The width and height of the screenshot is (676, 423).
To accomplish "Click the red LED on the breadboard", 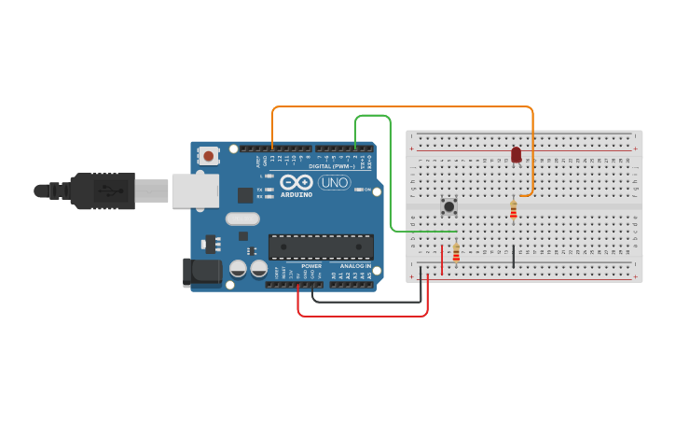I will coord(517,154).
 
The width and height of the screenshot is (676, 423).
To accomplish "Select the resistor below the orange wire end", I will coord(513,211).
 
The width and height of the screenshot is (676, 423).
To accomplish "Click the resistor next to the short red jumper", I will coord(456,252).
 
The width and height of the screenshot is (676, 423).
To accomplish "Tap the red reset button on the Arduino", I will coord(209,156).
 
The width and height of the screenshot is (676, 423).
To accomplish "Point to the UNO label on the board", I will coord(335,182).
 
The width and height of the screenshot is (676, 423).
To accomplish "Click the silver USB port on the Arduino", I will coord(193,191).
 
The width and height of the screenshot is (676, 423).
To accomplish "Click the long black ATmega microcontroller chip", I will coord(321,247).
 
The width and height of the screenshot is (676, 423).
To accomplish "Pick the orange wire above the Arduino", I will coord(401,107).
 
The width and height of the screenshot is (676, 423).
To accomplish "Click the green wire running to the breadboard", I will coord(389,177).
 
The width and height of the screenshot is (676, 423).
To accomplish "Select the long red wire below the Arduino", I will coord(364,316).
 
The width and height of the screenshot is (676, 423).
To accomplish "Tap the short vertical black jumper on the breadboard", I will coord(514,255).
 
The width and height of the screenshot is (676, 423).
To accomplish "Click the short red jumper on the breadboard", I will coord(442,259).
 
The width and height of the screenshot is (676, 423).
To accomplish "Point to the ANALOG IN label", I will coord(354,266).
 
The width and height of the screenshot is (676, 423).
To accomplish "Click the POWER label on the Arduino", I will coord(311,266).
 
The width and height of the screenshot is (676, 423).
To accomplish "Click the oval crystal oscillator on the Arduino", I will coord(241,219).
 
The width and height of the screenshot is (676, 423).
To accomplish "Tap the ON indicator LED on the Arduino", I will coord(359,190).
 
